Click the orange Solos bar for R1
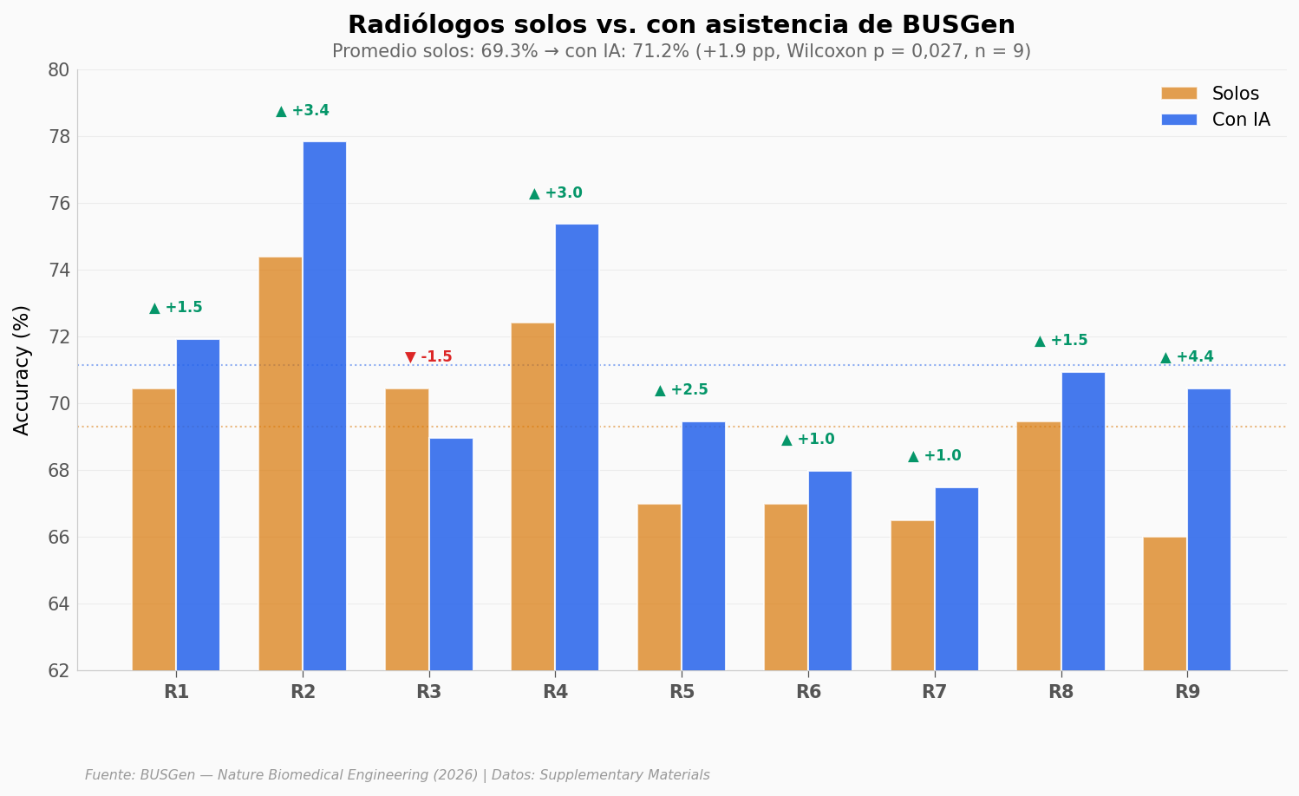tap(153, 529)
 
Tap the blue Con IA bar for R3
tap(451, 554)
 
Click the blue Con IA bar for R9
tap(1209, 529)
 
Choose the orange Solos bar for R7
tap(912, 595)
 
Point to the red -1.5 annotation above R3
tap(428, 357)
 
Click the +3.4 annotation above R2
tap(303, 111)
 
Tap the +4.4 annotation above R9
tap(1187, 357)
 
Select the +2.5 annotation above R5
tap(682, 390)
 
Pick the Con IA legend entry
tap(1216, 120)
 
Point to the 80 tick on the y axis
tap(58, 70)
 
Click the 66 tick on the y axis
tap(58, 538)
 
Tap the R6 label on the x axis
tap(808, 692)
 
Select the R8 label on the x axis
tap(1061, 692)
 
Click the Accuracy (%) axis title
tap(22, 369)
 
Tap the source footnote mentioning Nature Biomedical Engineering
tap(397, 775)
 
